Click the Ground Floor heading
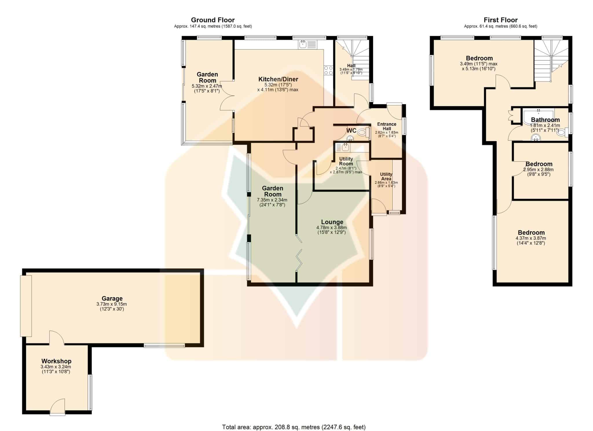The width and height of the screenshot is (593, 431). pos(213,20)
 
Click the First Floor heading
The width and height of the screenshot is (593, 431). pos(501,20)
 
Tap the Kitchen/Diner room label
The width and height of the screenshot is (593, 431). pos(278,79)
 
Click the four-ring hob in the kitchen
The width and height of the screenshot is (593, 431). pos(328,70)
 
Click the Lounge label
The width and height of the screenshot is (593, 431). pos(332,222)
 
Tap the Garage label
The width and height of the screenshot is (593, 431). pos(112,298)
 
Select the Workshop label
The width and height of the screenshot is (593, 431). pos(56,361)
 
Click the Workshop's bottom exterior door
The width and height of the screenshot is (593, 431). pos(57,407)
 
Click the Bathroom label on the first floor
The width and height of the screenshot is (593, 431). pos(545,120)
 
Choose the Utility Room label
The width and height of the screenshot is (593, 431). pos(346,161)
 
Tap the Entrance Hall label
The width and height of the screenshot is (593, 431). pos(387,126)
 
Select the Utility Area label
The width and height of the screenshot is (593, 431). pos(386,176)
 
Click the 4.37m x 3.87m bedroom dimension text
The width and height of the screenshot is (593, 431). pos(531,238)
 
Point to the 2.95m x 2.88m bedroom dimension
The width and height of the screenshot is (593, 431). pos(538,170)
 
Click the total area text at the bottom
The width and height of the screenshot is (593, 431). pos(294,427)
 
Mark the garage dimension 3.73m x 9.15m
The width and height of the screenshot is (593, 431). pos(112,304)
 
